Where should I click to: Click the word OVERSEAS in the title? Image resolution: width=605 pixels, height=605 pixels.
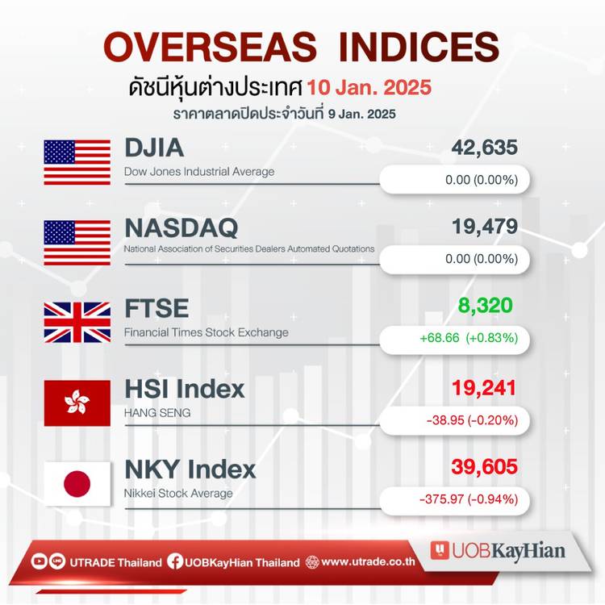coord(211,47)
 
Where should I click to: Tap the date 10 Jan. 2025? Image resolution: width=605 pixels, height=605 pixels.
coord(369,87)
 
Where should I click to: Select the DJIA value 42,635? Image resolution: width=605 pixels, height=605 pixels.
coord(484,148)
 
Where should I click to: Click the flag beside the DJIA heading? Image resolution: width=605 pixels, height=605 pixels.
coord(77,162)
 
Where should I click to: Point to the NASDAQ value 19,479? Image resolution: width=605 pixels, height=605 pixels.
coord(485,227)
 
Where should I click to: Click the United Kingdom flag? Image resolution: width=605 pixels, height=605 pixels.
coord(77,323)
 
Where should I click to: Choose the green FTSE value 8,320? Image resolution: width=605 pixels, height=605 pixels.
coord(486,306)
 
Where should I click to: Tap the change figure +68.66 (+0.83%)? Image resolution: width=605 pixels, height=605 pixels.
coord(469,338)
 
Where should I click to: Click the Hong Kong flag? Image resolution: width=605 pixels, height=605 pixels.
coord(77,403)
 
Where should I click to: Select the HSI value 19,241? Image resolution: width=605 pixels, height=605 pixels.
coord(484,388)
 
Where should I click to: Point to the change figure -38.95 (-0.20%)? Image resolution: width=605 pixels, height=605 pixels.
coord(472,419)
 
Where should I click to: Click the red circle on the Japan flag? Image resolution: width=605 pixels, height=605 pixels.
coord(77,484)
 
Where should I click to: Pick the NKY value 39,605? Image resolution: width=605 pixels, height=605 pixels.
coord(484,467)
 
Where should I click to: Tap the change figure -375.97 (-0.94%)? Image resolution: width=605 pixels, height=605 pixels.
coord(469,499)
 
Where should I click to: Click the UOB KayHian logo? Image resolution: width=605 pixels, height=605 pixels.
coord(498,551)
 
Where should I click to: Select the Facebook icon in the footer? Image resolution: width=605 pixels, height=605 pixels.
coord(175,561)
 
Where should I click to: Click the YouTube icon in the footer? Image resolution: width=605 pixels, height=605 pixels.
coord(39,561)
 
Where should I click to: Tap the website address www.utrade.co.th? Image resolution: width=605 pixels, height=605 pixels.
coord(368,561)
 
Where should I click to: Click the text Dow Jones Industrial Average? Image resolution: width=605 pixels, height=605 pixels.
coord(199,172)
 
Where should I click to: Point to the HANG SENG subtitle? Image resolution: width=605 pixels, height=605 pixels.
coord(157,413)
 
